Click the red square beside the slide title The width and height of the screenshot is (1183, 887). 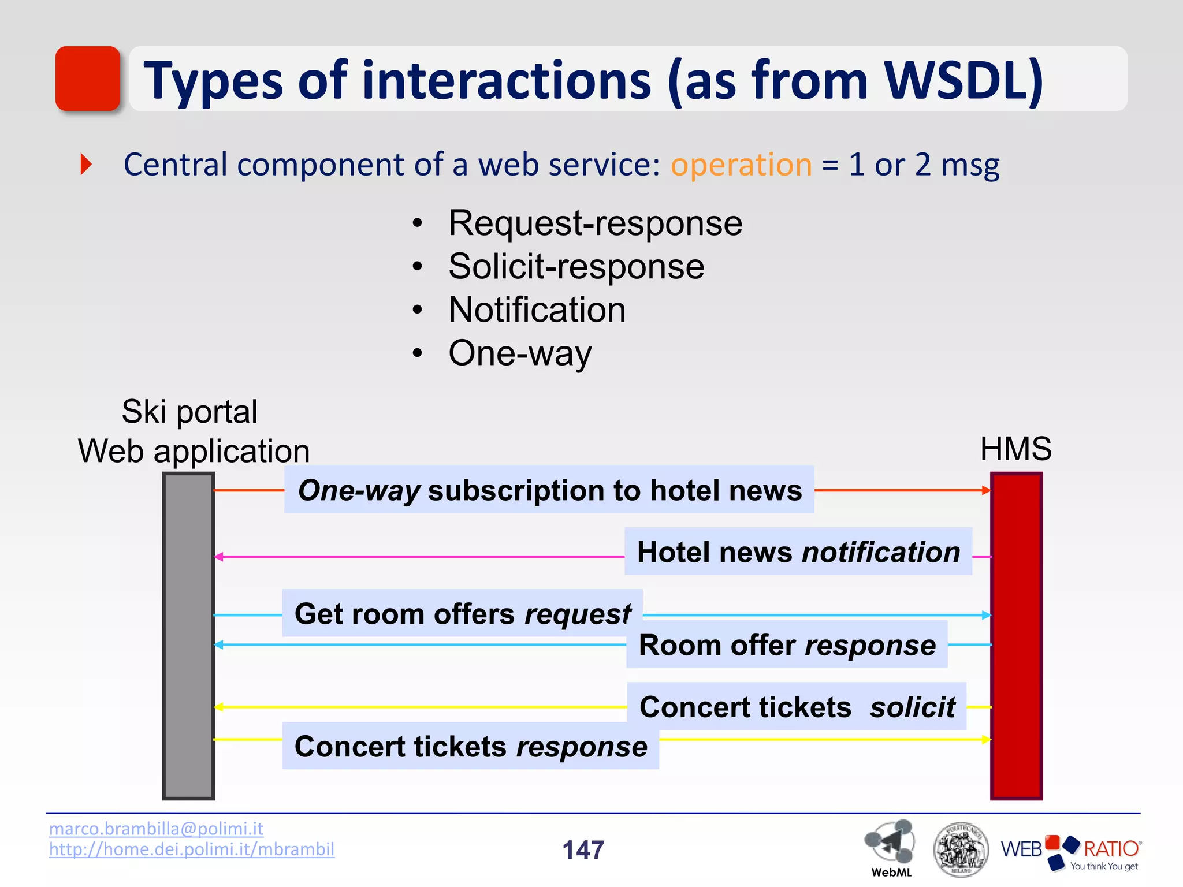tap(88, 79)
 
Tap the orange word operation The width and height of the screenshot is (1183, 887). tap(741, 165)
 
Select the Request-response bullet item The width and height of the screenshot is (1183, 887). tap(595, 223)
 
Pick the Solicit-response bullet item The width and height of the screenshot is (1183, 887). tap(576, 266)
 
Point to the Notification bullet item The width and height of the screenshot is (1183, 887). tap(537, 310)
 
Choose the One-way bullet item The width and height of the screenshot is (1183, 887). tap(520, 353)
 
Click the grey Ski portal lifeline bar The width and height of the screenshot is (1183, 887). tap(188, 635)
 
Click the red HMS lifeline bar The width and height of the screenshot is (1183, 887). tap(1016, 635)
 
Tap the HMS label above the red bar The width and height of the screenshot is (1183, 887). tap(1015, 449)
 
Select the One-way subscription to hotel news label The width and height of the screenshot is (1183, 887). tap(549, 490)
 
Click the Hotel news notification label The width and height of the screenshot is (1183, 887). tap(798, 551)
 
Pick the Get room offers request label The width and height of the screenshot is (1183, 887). tap(462, 613)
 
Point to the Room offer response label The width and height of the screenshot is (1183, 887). tap(787, 644)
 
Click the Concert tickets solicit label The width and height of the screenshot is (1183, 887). tap(797, 707)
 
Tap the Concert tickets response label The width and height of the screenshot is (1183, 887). tap(470, 746)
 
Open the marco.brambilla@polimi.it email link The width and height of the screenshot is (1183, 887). tap(156, 828)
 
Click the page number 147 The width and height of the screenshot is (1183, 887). tap(583, 850)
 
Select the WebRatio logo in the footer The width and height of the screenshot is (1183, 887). tap(1070, 851)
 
